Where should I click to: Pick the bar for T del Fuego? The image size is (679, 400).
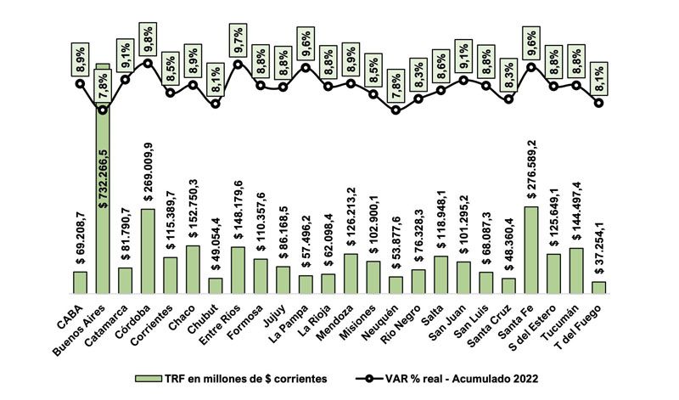[x=599, y=287]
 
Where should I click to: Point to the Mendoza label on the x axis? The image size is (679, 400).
[x=337, y=314]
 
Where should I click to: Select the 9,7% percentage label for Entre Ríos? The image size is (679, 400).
[x=238, y=37]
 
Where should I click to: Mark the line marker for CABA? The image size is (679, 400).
[x=80, y=83]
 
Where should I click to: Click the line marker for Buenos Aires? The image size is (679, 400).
[x=103, y=109]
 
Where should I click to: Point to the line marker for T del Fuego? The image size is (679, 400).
[x=599, y=103]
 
